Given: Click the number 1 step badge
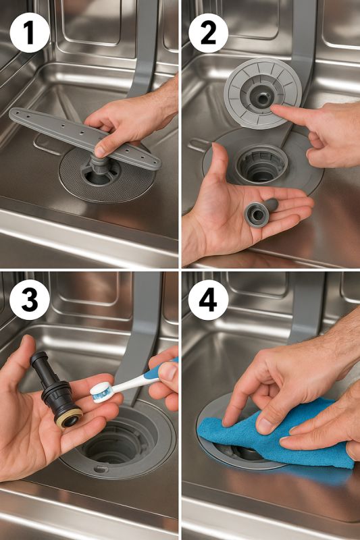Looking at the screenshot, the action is coord(29,33).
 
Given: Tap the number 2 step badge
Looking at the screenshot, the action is coord(208,33).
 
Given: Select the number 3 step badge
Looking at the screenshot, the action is coord(29,300).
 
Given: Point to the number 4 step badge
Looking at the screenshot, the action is coord(208,300).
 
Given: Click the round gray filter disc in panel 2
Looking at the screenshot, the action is coord(263,94).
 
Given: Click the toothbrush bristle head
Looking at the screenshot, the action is coord(102,392).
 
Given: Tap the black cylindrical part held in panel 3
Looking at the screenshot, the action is coord(57,390).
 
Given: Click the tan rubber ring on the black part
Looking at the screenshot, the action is coord(70,418).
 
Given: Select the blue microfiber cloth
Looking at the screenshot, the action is coord(276,434).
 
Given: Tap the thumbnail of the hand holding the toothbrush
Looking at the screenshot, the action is coord(168,371).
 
